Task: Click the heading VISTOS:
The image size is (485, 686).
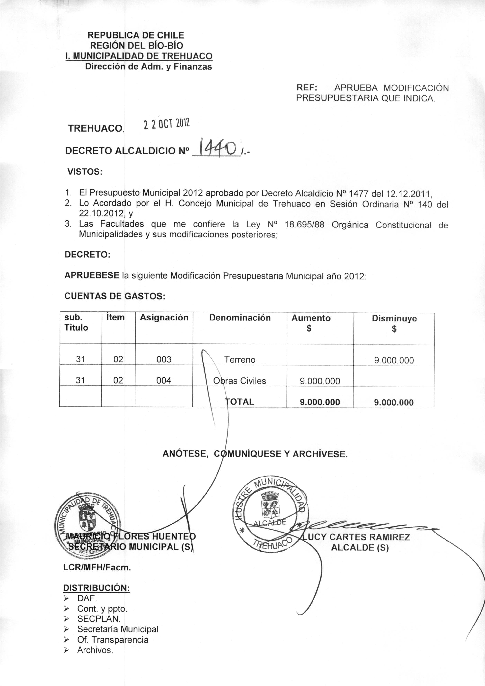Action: [85, 172]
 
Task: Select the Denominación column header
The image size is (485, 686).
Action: [240, 318]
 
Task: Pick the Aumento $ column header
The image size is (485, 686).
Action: [311, 323]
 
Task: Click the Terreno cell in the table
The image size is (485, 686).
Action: [240, 360]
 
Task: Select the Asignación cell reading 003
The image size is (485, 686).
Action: [164, 359]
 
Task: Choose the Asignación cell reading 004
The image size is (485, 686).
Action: [164, 381]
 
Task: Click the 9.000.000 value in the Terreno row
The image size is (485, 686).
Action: [394, 360]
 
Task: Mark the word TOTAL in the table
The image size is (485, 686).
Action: [240, 402]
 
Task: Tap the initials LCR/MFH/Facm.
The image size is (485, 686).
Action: [97, 568]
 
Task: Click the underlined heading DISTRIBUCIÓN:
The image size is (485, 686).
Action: [96, 588]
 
